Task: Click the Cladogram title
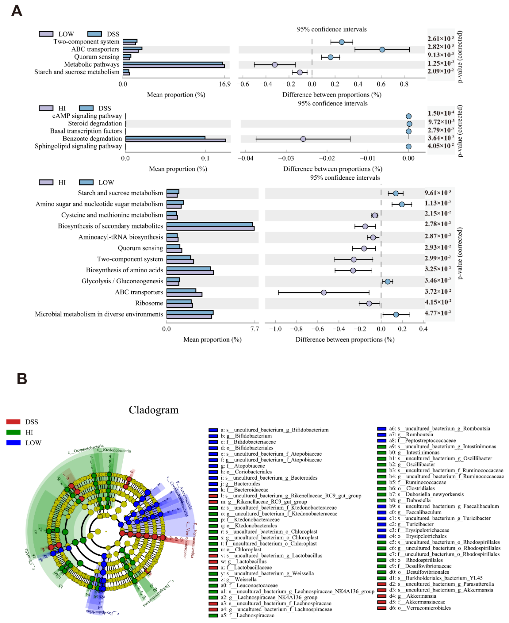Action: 153,410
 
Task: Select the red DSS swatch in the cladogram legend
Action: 13,422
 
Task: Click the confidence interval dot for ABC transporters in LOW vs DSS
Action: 382,50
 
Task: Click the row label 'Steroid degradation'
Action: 95,123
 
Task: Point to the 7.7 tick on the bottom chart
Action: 255,329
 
